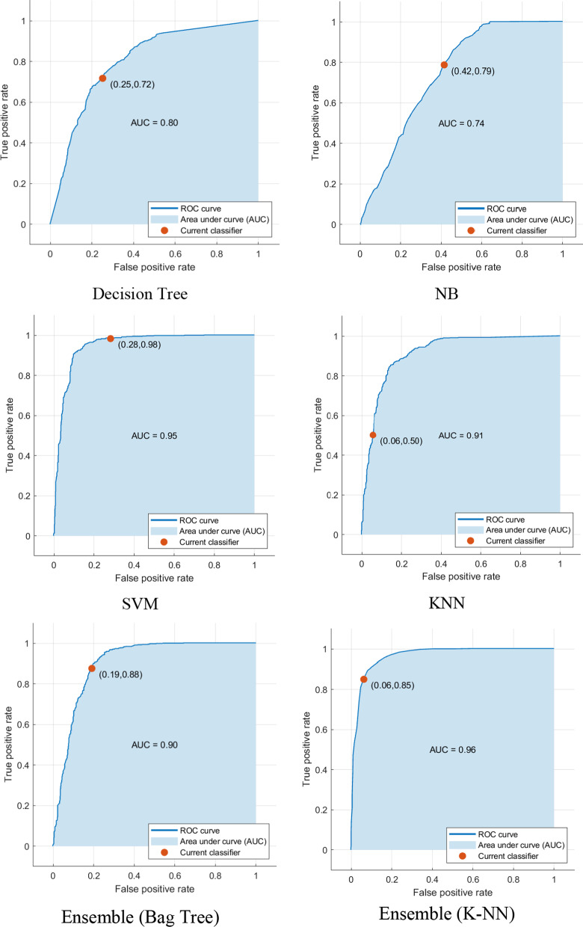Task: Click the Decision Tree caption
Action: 140,294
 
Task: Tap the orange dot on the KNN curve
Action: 373,435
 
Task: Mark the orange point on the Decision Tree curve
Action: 102,78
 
